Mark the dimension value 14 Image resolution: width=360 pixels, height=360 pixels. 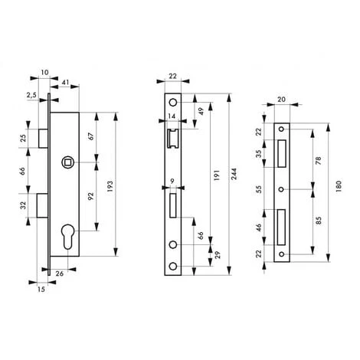(170, 115)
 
